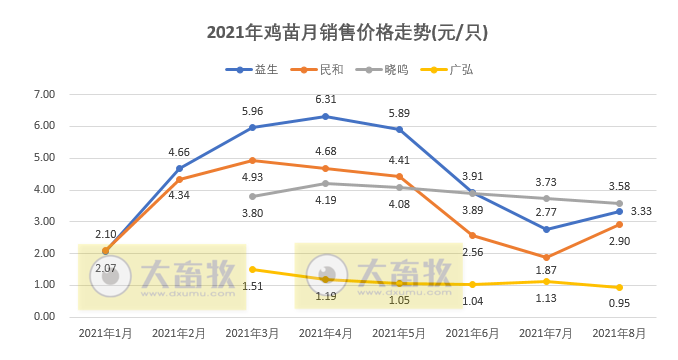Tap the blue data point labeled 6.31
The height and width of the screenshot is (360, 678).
(x=326, y=117)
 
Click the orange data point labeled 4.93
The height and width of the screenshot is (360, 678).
(x=253, y=160)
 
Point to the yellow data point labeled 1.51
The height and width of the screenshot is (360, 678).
(x=253, y=269)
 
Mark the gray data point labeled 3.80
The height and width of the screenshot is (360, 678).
(x=253, y=196)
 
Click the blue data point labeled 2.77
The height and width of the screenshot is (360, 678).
(x=546, y=229)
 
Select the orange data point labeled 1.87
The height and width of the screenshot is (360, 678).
(x=546, y=257)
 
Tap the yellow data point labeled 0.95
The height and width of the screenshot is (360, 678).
(x=620, y=287)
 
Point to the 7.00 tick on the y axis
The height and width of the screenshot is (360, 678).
(x=44, y=94)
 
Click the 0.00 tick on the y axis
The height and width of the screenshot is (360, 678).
(x=44, y=316)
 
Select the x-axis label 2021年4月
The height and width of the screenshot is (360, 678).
(x=326, y=332)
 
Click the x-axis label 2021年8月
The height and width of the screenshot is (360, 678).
(x=620, y=332)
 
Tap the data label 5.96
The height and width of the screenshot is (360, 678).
(x=252, y=111)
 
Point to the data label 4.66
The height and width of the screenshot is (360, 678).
(x=180, y=152)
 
